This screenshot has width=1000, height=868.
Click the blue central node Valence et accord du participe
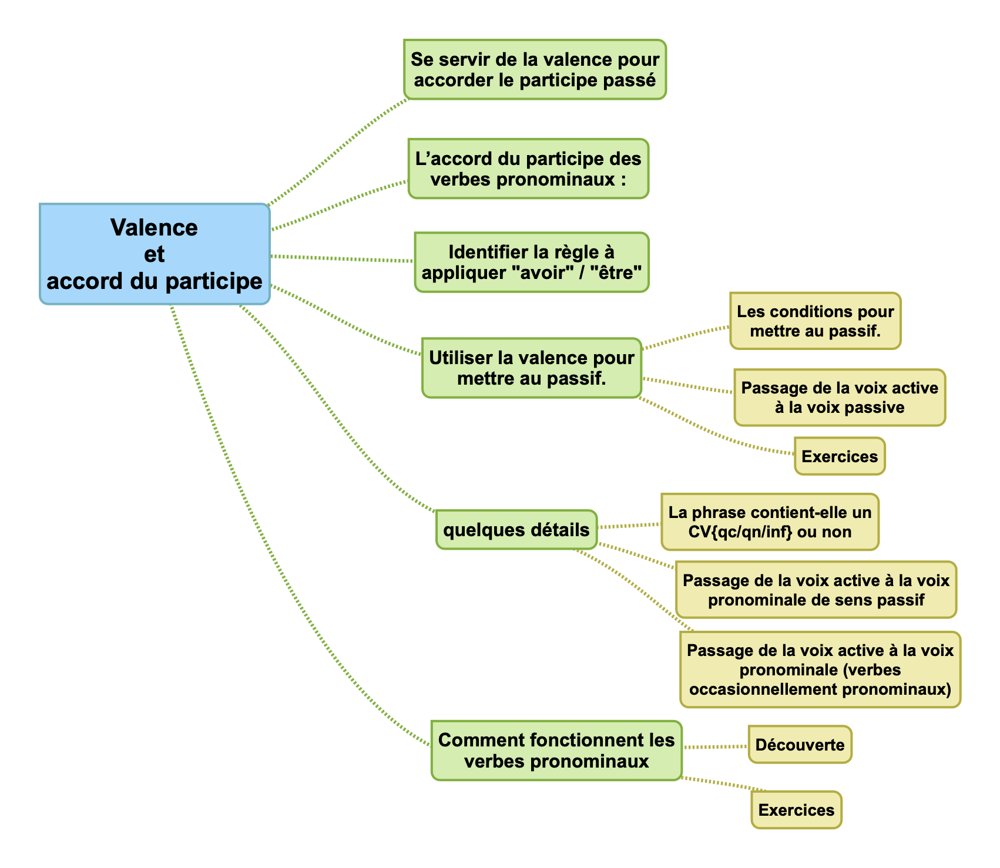click(x=155, y=254)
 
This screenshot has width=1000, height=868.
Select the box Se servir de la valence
click(x=535, y=69)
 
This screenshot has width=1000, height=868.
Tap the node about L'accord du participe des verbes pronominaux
click(x=528, y=169)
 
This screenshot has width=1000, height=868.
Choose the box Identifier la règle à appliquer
click(x=532, y=262)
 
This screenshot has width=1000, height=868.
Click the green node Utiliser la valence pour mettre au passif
click(x=532, y=368)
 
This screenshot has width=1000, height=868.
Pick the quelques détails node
click(x=516, y=530)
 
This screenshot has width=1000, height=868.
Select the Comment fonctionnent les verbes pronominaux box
click(x=556, y=751)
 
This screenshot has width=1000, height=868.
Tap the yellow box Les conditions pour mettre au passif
click(x=815, y=321)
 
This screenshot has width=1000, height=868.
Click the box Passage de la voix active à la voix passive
click(x=840, y=398)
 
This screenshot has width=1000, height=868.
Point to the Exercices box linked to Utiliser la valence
click(x=840, y=456)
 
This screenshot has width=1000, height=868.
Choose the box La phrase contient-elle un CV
click(x=770, y=522)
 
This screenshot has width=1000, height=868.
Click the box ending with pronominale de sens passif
click(x=816, y=590)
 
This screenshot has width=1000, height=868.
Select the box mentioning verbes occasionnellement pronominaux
click(x=820, y=669)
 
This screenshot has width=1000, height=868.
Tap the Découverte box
click(x=800, y=745)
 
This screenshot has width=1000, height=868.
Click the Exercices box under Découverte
click(x=796, y=810)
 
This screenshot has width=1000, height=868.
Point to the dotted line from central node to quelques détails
click(x=335, y=411)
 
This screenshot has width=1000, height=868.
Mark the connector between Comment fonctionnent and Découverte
click(x=715, y=747)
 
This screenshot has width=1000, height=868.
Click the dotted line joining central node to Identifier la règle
click(x=341, y=258)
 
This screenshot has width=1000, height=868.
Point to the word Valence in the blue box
click(x=154, y=227)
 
